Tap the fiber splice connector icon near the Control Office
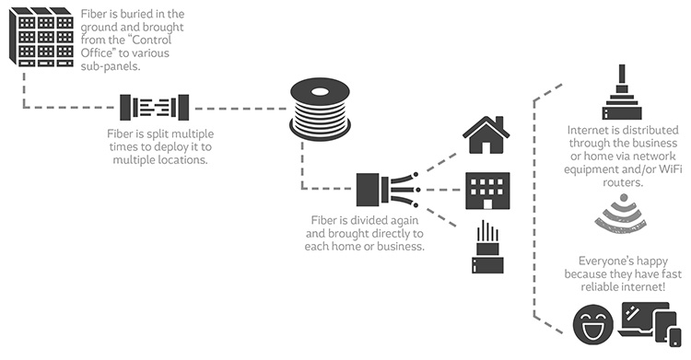[153, 107]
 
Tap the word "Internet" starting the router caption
[590, 129]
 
